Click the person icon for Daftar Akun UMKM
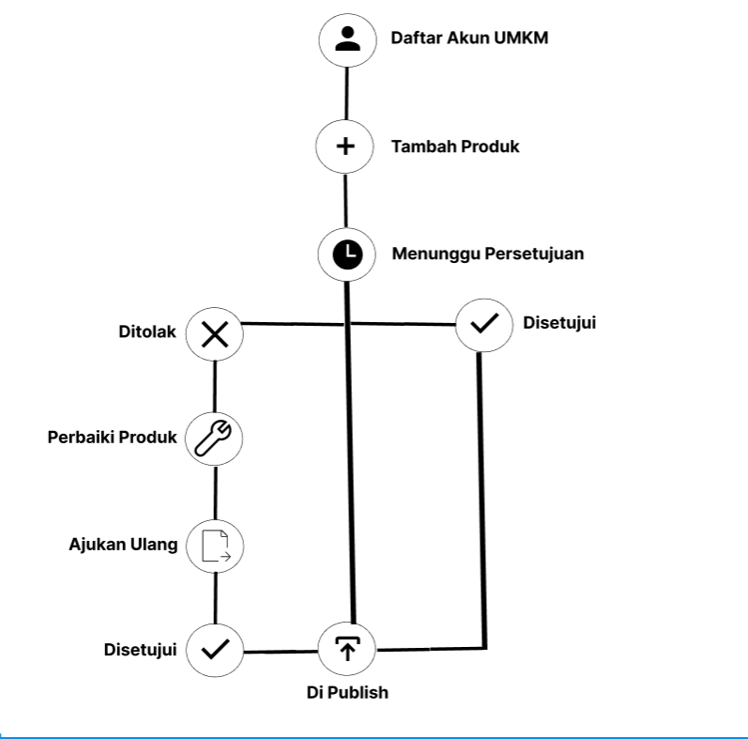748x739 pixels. [347, 39]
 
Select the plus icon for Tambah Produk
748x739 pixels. [345, 146]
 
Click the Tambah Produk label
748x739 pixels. [455, 146]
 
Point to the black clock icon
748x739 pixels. [347, 254]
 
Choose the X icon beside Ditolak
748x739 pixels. [215, 333]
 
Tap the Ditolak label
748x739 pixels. [147, 331]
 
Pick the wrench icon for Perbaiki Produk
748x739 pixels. [214, 438]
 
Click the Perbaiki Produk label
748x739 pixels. [113, 437]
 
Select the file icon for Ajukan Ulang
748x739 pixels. [215, 546]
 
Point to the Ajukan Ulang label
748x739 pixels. [123, 545]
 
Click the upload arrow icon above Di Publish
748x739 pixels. [348, 648]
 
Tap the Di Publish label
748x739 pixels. [347, 693]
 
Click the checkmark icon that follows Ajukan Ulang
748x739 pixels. [215, 649]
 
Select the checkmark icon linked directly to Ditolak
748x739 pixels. [483, 325]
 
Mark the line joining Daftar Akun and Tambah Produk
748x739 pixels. [346, 93]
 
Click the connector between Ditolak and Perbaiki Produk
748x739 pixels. [215, 385]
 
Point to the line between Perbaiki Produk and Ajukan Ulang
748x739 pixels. [215, 492]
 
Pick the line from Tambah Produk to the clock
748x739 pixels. [345, 200]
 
